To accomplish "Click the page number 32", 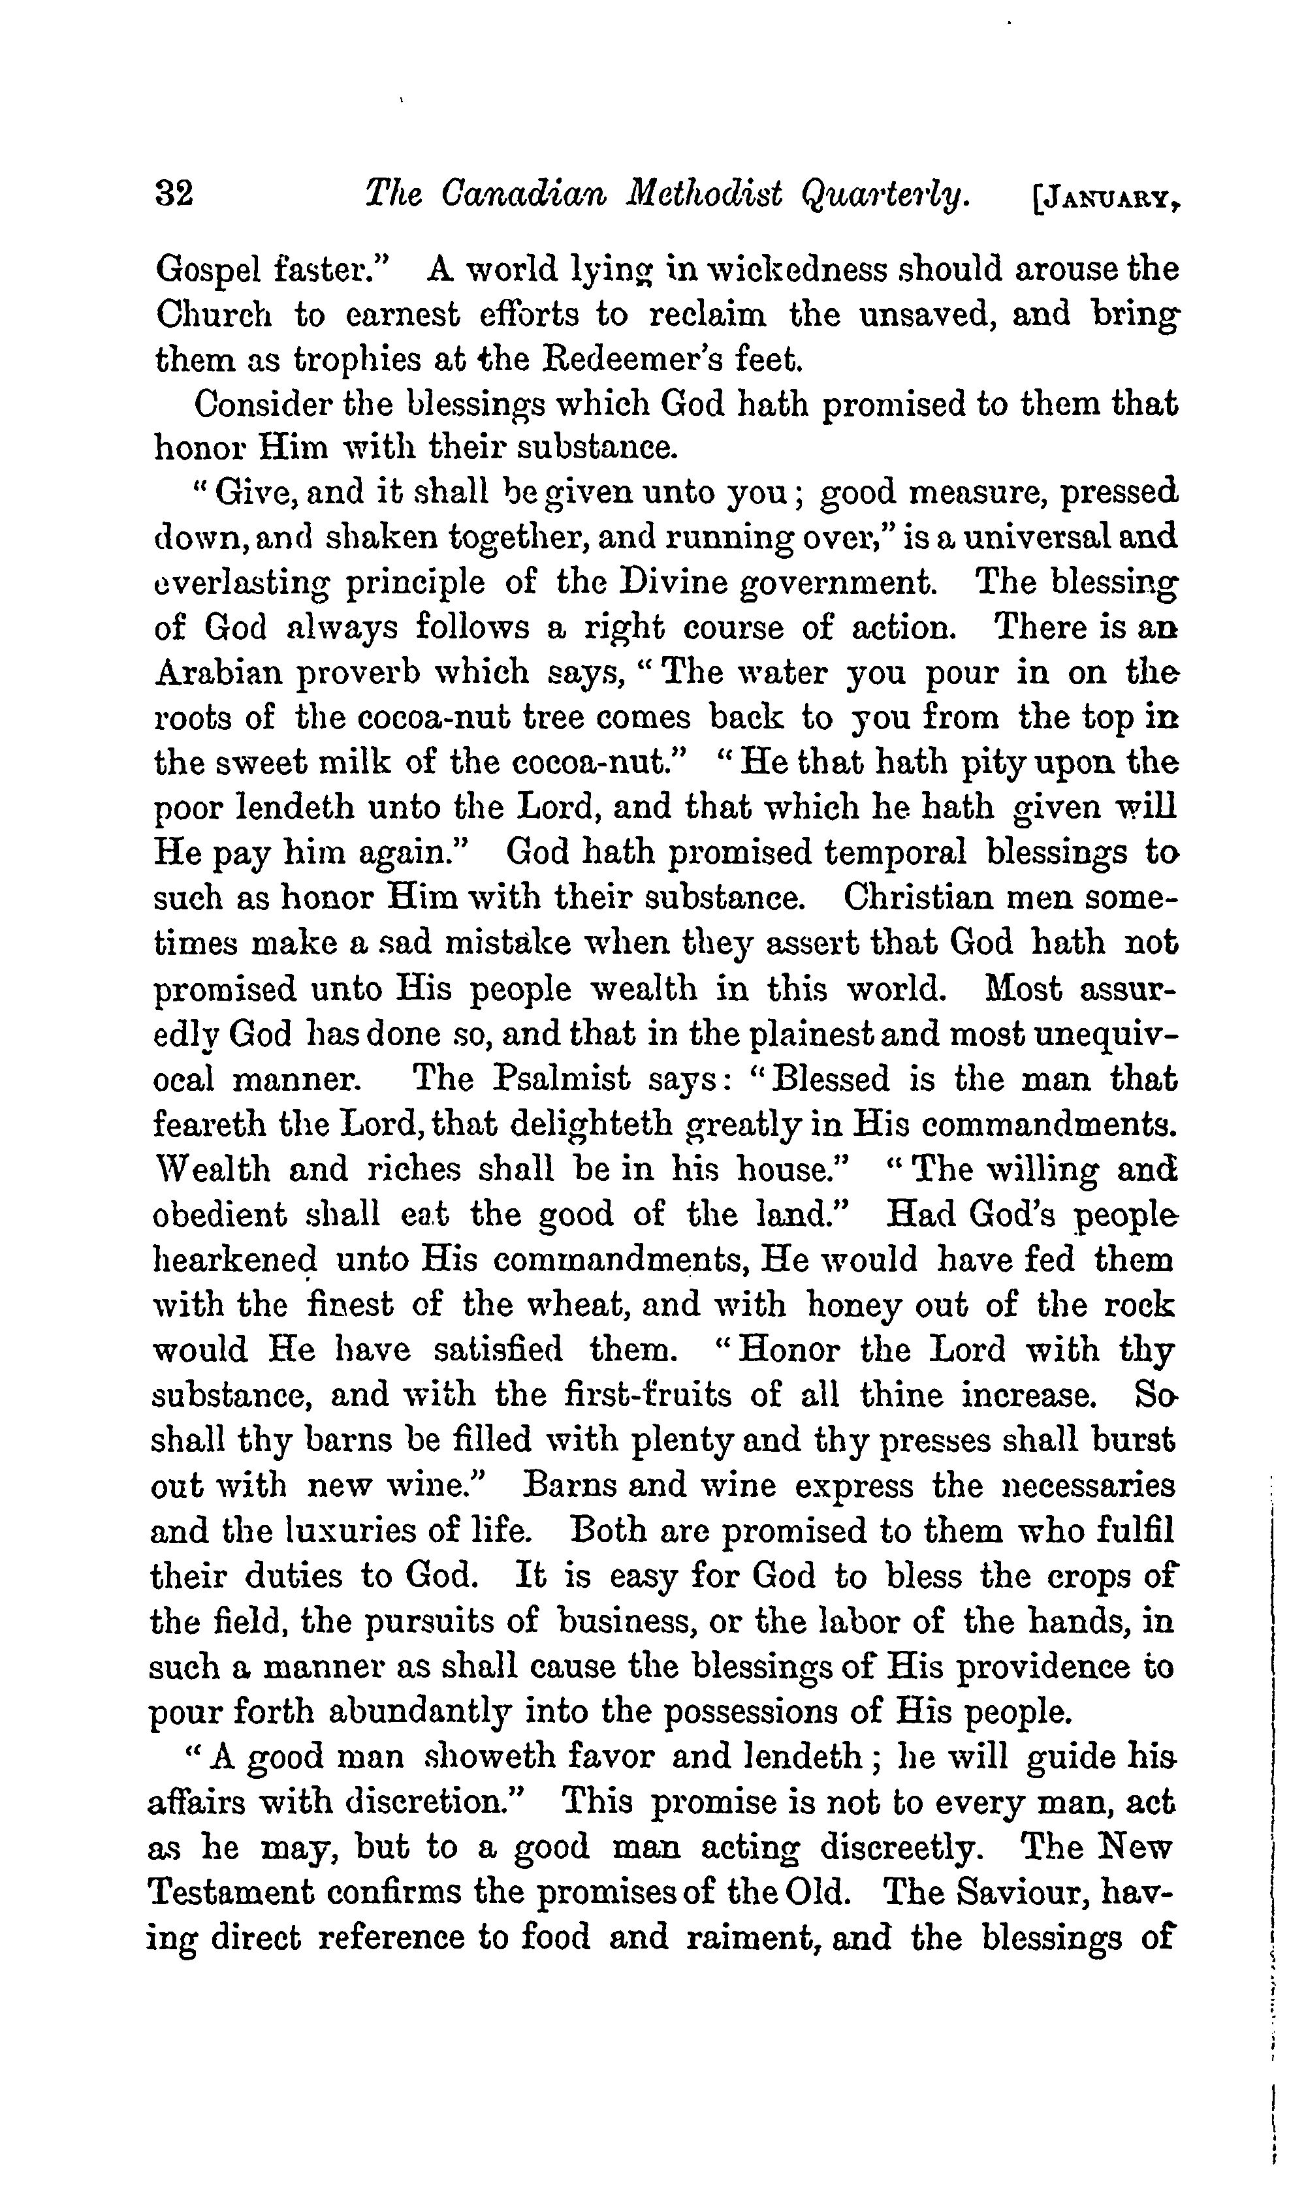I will (174, 193).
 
